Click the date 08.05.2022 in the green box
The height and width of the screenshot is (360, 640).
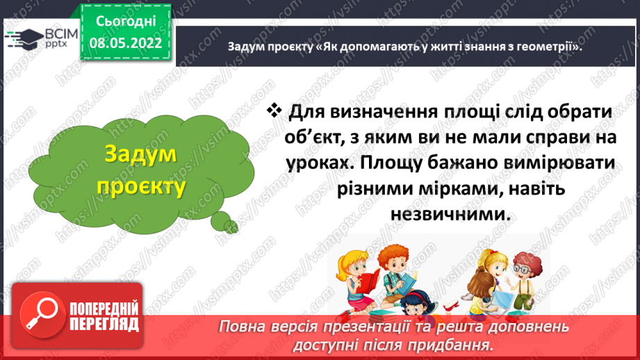click(x=126, y=42)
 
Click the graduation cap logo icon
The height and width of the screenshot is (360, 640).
click(x=24, y=38)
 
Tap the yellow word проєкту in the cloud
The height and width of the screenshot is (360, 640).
click(x=141, y=187)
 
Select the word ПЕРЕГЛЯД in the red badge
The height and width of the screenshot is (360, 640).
click(x=104, y=324)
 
